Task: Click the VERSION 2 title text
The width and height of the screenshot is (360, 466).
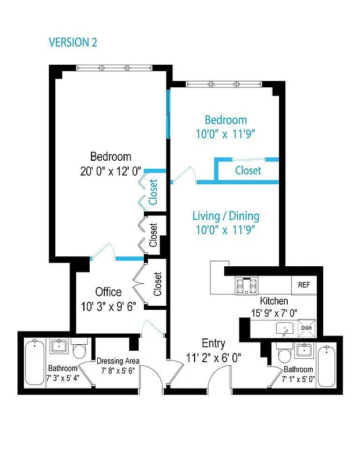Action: point(73,42)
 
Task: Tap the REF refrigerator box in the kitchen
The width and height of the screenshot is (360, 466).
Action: point(303,285)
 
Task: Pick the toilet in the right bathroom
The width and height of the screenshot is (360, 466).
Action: point(284,355)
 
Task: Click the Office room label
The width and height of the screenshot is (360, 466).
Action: point(108,292)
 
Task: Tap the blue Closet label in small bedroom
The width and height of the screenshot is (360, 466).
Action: point(248,171)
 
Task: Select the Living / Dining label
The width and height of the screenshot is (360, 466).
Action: point(226,216)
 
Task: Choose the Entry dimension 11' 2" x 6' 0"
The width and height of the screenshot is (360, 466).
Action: point(213,356)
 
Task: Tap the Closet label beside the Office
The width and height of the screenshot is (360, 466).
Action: point(157,284)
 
